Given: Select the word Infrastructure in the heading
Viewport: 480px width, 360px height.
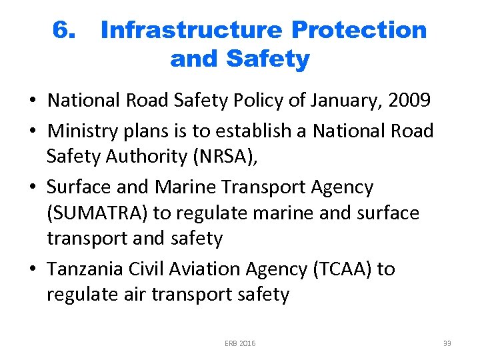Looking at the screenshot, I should (191, 30).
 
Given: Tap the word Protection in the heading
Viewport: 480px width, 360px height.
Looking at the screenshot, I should (359, 30).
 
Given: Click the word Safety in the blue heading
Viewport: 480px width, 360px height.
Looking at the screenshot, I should (268, 59).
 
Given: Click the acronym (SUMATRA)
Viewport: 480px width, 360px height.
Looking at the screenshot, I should (97, 213).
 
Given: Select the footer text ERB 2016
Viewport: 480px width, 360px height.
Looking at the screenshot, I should (240, 343).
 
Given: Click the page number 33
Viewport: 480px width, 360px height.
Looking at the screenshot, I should (447, 343).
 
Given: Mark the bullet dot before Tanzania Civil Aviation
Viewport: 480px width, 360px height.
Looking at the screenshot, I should (33, 269).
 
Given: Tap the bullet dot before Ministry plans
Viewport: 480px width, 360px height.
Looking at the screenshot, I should (33, 131).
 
